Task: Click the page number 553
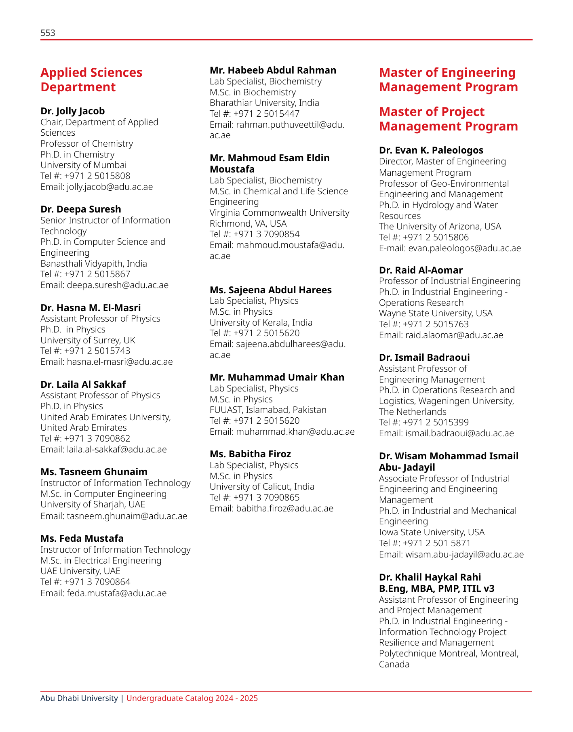click(48, 33)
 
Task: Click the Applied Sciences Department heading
click(91, 80)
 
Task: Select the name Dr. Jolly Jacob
click(73, 111)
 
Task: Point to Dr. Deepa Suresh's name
click(81, 209)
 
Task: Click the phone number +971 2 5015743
click(97, 351)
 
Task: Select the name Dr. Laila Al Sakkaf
click(83, 384)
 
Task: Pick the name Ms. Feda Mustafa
click(82, 538)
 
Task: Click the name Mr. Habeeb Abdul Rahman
click(273, 70)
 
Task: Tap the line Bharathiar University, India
click(264, 103)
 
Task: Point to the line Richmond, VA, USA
click(248, 223)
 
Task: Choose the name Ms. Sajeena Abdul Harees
click(271, 290)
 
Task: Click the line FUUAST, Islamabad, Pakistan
click(268, 410)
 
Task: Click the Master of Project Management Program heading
click(449, 119)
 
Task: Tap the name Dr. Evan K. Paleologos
click(431, 150)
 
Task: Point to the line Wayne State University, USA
click(436, 313)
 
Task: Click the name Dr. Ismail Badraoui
click(424, 358)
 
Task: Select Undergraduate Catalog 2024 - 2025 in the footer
click(192, 698)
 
